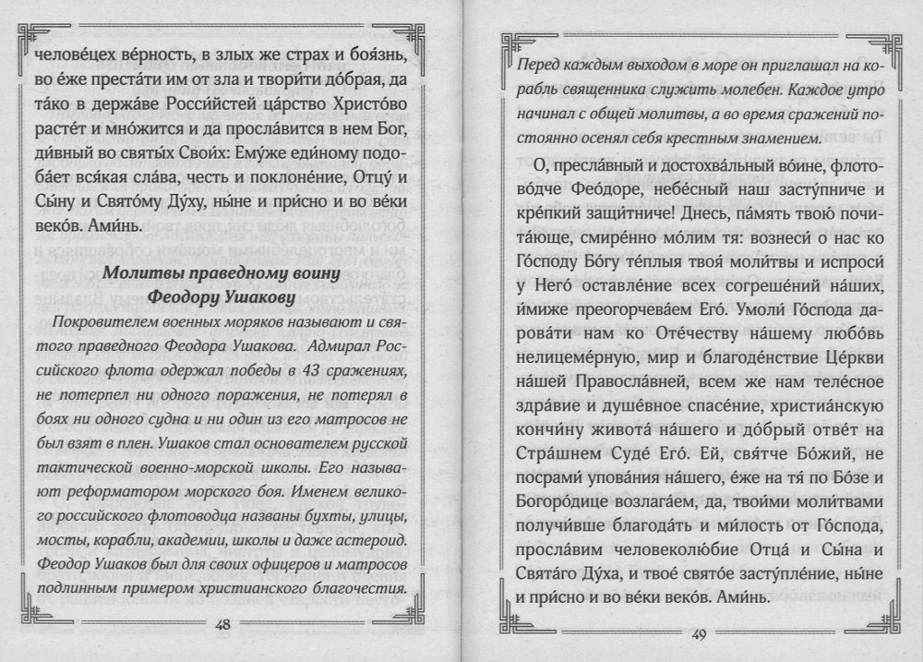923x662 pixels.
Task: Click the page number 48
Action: coord(222,625)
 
